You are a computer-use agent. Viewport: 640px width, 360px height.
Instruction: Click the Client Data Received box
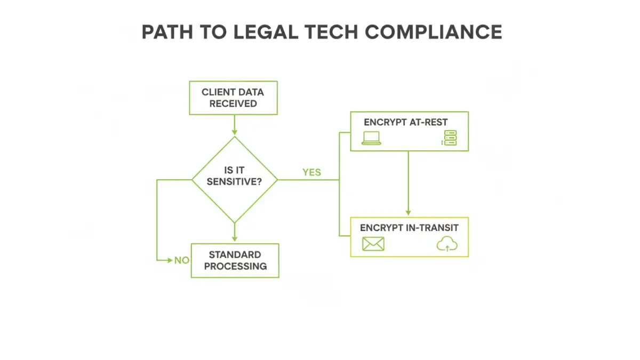(x=233, y=98)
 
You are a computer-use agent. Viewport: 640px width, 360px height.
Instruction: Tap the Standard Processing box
(x=235, y=260)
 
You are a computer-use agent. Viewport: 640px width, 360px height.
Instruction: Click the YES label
(x=311, y=172)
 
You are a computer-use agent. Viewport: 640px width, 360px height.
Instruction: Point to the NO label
(x=182, y=260)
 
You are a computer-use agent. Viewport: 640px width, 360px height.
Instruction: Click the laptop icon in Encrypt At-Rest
(x=371, y=138)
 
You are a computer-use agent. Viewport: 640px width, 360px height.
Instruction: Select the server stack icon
(x=450, y=138)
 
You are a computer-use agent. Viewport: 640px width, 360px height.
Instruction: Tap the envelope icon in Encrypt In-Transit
(x=373, y=244)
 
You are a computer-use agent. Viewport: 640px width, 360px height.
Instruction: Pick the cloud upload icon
(x=447, y=244)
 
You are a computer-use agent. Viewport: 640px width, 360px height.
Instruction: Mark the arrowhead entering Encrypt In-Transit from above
(x=409, y=213)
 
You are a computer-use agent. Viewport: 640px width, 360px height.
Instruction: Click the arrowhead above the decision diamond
(x=234, y=132)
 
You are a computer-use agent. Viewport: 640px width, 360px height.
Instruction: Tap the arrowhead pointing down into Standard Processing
(x=234, y=239)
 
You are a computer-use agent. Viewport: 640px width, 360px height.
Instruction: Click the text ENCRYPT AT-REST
(x=405, y=122)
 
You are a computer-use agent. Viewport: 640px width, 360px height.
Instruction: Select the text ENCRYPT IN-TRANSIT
(x=409, y=228)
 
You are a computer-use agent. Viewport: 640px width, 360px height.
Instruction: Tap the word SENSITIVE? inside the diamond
(x=235, y=181)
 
